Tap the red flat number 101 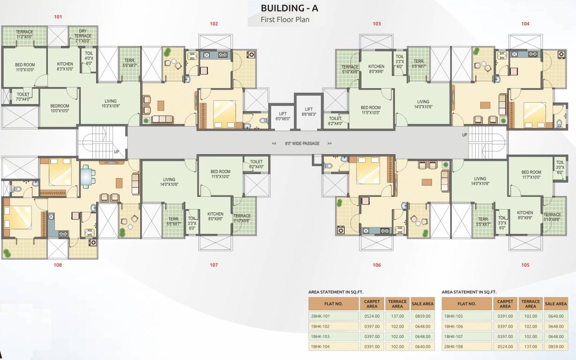[58, 17]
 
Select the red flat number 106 [377, 265]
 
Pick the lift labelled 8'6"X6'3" [309, 111]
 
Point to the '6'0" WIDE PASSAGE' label [302, 143]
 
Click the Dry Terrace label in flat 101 [83, 36]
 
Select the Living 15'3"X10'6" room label [111, 104]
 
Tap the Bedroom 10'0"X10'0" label [60, 108]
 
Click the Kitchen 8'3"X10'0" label [65, 67]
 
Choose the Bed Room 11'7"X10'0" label [531, 175]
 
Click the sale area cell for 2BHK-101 [423, 316]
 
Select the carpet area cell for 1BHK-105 [505, 316]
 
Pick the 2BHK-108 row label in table [466, 346]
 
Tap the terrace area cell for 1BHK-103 [397, 336]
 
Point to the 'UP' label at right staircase [465, 135]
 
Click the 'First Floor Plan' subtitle [285, 20]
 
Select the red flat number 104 [525, 23]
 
